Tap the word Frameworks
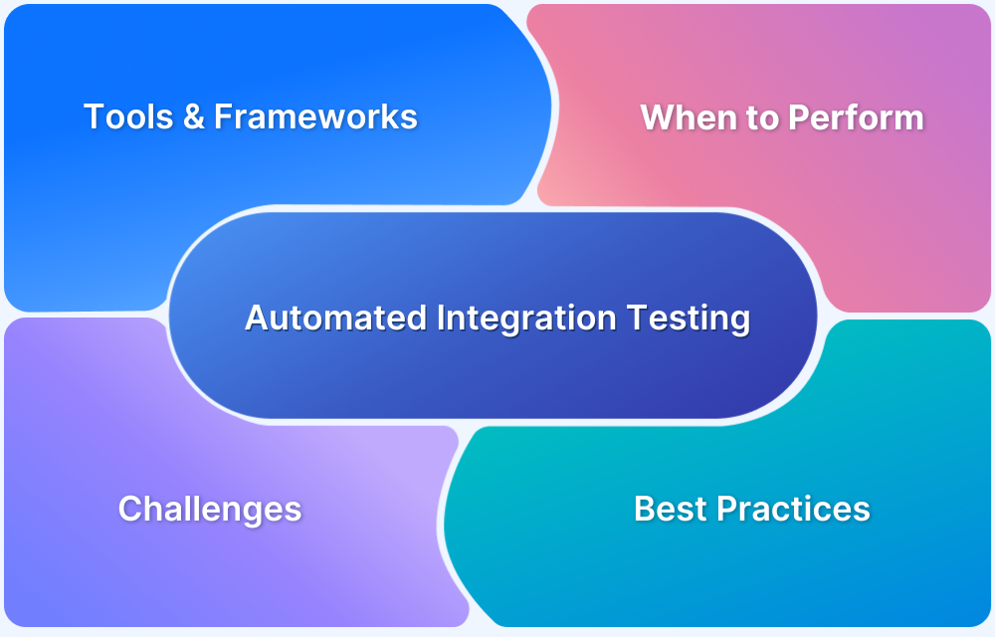pos(315,117)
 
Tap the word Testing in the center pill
pos(688,318)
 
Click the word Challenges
pos(210,509)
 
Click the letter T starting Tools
pos(93,117)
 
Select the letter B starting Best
pos(645,509)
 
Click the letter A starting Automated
pos(256,318)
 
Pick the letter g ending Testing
pos(739,321)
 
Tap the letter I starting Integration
pos(441,318)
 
